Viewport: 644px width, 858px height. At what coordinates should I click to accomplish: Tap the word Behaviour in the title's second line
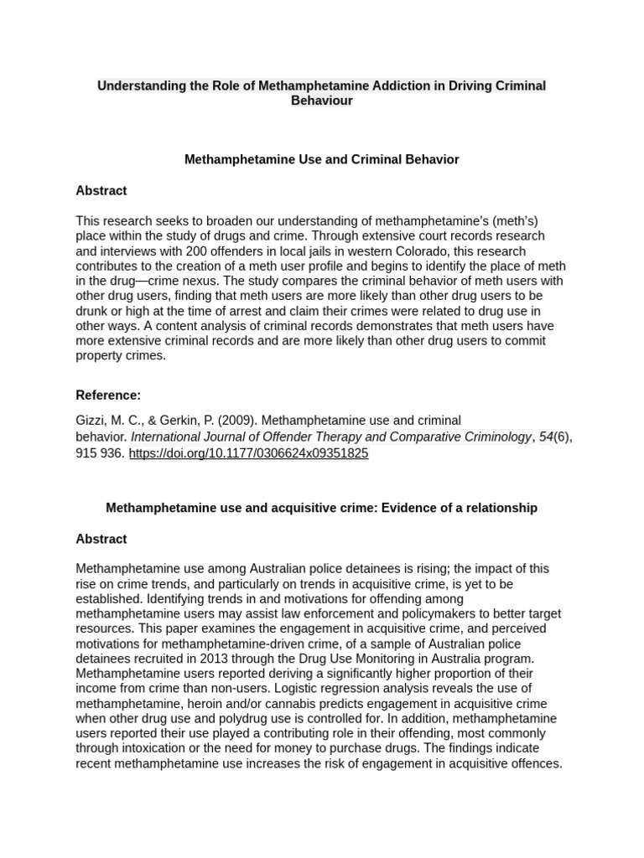(322, 101)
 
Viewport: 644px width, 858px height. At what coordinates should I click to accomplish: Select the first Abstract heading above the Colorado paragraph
(101, 190)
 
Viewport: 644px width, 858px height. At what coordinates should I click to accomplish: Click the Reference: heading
(108, 395)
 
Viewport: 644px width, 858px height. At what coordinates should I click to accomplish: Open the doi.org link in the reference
(248, 453)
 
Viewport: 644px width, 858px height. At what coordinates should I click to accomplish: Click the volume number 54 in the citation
(546, 437)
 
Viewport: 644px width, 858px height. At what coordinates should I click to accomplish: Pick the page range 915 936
(100, 453)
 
